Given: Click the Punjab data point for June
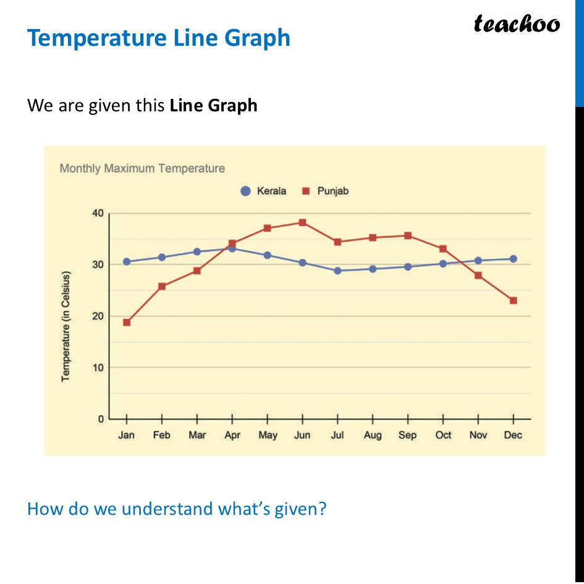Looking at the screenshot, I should click(x=302, y=222).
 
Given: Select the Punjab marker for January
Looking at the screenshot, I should click(x=127, y=323).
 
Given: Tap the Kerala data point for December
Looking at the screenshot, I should click(x=513, y=259).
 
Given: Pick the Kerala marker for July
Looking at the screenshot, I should click(x=337, y=271).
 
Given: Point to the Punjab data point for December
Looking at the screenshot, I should click(x=513, y=300).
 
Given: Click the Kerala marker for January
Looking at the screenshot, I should click(x=127, y=261).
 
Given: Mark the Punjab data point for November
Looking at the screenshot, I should click(x=478, y=275).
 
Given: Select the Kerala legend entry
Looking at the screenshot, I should click(x=264, y=192).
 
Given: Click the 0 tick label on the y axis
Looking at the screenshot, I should click(x=101, y=419).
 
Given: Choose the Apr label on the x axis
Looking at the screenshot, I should click(x=232, y=435).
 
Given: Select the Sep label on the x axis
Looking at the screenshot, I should click(x=407, y=435).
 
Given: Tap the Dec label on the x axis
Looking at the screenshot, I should click(x=513, y=435).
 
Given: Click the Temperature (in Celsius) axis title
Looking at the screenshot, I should click(x=66, y=326).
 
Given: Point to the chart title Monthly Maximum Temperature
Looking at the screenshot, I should click(x=142, y=168).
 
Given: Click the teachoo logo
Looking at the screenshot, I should click(x=517, y=24).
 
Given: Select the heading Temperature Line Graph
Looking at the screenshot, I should click(x=159, y=38).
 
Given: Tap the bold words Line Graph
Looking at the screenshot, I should click(x=213, y=106).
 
